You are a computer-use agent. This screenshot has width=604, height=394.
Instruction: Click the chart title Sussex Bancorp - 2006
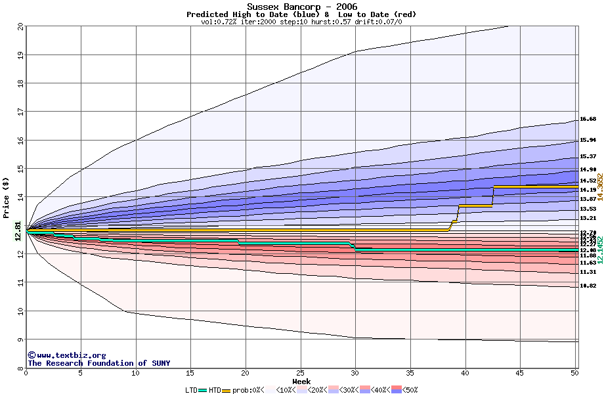pos(301,6)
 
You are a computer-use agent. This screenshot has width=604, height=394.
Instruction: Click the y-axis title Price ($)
pos(6,197)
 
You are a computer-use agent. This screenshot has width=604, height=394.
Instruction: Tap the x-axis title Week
pos(301,381)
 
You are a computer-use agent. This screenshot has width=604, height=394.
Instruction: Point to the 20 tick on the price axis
pos(20,27)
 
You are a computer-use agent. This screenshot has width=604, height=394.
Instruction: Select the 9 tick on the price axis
pos(20,339)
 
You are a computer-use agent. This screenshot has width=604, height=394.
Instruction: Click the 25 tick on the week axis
pos(300,374)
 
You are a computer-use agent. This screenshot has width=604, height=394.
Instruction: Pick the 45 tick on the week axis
pos(520,374)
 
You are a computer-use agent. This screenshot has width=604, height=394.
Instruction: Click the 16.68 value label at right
pos(588,120)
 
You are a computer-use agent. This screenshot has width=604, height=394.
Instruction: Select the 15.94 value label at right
pos(588,140)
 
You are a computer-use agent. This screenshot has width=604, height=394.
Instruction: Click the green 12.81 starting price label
pos(18,231)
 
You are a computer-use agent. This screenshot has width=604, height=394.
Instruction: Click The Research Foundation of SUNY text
pos(98,363)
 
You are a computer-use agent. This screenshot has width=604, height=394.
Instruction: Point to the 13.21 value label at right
pos(588,218)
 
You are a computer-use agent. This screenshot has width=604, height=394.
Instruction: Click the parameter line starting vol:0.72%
pos(301,22)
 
